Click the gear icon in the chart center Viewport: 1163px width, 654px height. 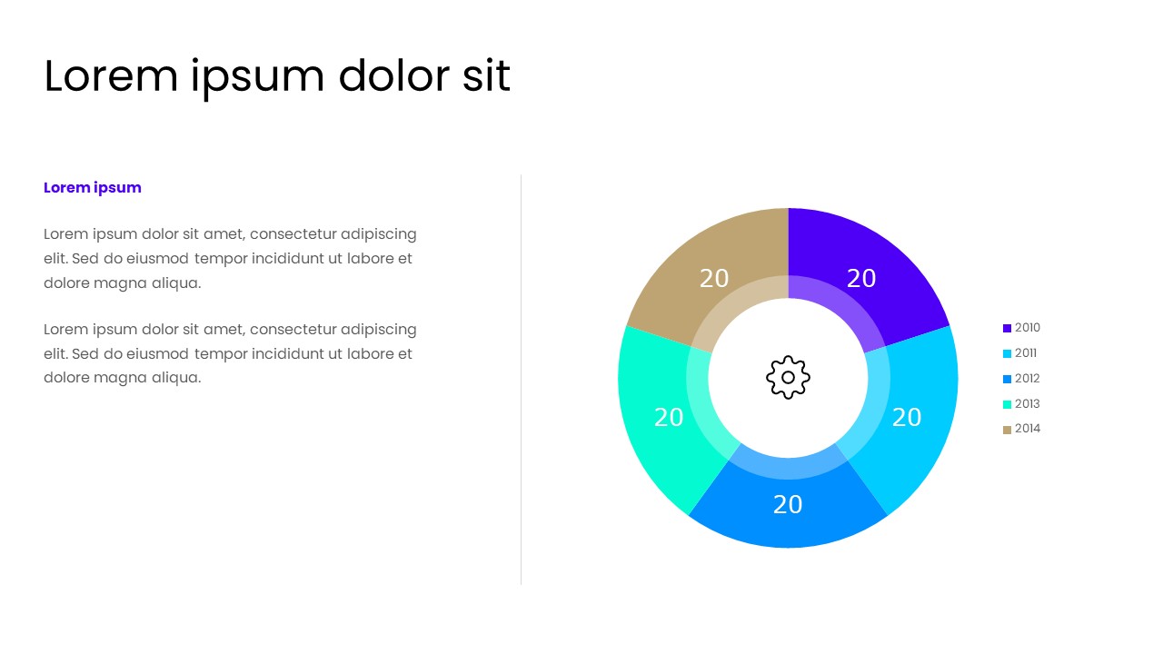click(x=788, y=377)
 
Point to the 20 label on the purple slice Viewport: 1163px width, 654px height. click(x=861, y=279)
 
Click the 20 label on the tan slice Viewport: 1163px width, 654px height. click(x=714, y=279)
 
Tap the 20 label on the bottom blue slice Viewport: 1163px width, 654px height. click(x=788, y=505)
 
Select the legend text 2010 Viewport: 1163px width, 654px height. click(x=1028, y=328)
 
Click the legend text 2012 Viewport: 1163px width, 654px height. click(x=1028, y=379)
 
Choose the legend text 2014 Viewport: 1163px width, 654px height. click(x=1028, y=429)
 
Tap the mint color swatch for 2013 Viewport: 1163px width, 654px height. click(x=1007, y=404)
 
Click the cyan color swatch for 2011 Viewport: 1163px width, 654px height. click(x=1007, y=353)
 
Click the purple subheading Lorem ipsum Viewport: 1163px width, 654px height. click(x=93, y=188)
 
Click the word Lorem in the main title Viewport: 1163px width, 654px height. click(x=111, y=76)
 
